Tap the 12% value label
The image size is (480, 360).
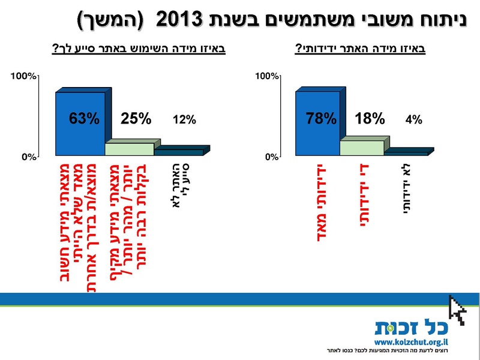point(185,119)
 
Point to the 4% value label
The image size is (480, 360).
point(414,119)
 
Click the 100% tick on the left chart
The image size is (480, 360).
point(24,76)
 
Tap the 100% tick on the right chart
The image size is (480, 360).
point(267,76)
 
